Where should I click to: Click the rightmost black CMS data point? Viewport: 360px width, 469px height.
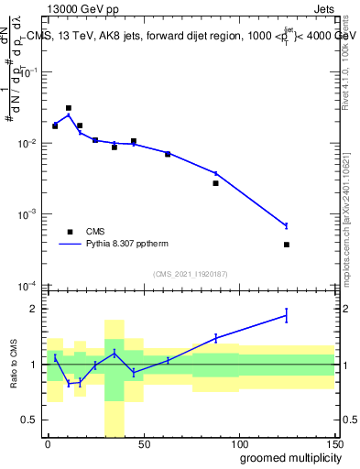287,245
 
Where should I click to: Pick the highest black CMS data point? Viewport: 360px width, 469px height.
69,108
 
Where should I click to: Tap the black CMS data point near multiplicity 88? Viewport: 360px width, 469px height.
216,183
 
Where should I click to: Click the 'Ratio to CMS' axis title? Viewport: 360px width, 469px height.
15,364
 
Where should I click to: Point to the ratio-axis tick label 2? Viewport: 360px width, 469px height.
34,309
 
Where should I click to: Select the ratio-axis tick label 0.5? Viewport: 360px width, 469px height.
29,420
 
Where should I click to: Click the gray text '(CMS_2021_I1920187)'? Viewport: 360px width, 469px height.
190,273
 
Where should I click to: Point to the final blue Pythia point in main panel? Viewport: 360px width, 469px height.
287,225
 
